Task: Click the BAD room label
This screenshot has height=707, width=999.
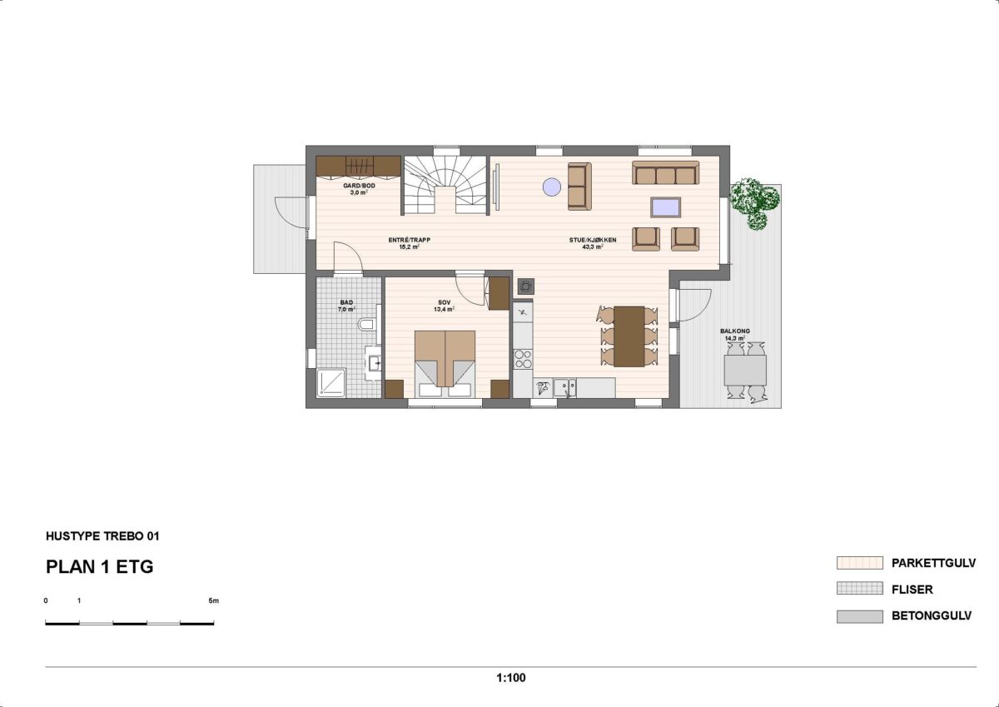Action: click(x=346, y=306)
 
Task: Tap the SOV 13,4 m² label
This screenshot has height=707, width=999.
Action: click(x=444, y=306)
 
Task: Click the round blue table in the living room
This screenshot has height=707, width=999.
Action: click(x=552, y=187)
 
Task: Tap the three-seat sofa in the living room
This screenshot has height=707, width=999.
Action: click(x=664, y=173)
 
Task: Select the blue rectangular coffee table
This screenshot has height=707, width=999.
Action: click(x=665, y=207)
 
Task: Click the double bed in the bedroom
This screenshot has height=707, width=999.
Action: click(x=445, y=360)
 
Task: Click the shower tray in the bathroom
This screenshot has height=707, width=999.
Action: click(x=332, y=382)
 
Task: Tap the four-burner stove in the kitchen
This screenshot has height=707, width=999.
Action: click(x=523, y=359)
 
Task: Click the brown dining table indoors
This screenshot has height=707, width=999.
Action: click(x=629, y=336)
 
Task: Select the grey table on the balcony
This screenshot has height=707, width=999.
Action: click(x=745, y=369)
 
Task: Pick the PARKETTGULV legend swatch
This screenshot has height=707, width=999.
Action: click(x=859, y=563)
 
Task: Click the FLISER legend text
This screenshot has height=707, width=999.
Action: click(x=912, y=590)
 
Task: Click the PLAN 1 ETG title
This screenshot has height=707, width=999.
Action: click(x=99, y=568)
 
